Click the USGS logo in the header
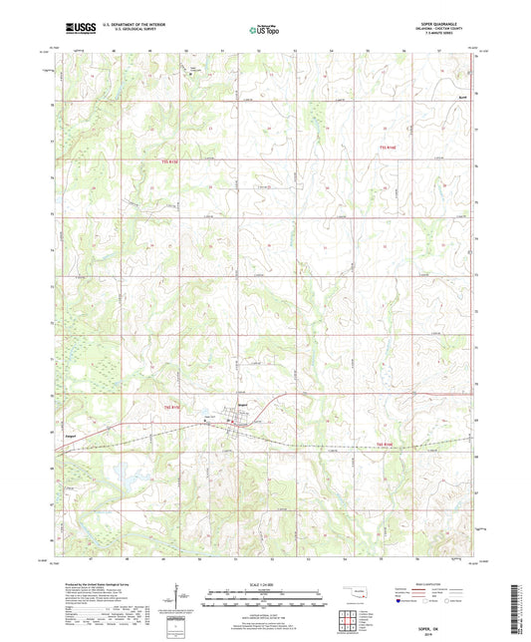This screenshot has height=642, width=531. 74,30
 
